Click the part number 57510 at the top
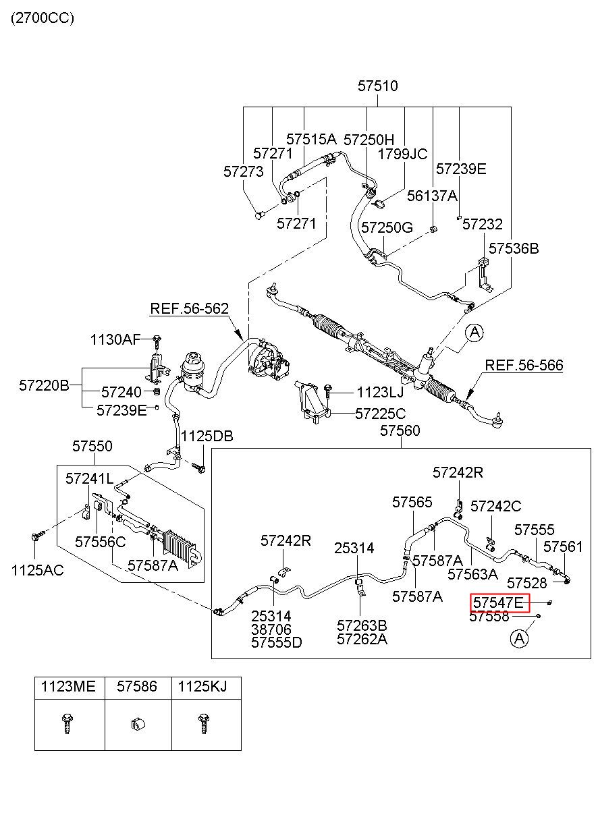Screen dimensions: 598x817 pos(377,86)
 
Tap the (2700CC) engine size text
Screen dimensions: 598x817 pos(43,18)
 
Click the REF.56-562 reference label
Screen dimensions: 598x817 pos(190,309)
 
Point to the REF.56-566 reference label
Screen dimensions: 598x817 pos(524,365)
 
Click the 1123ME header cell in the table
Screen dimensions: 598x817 pos(68,686)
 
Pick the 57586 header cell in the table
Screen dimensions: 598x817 pos(137,686)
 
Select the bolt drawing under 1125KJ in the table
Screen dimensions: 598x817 pos(203,724)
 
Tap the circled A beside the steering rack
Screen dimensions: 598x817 pos(474,333)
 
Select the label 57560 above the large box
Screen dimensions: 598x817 pos(400,430)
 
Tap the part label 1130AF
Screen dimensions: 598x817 pos(115,339)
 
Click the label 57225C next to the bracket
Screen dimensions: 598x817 pos(381,414)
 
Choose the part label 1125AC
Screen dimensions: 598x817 pos(38,571)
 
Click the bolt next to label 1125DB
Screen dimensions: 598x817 pos(199,468)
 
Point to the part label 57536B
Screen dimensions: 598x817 pos(514,248)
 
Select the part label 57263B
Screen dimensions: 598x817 pos(362,626)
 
